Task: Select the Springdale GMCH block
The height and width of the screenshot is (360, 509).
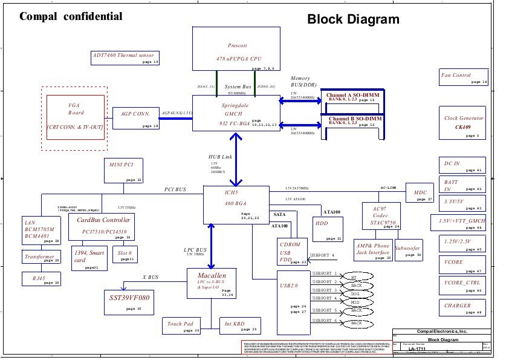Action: (x=237, y=113)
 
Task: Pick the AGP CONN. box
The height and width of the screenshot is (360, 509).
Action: (x=136, y=117)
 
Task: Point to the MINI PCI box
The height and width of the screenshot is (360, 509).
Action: (x=124, y=171)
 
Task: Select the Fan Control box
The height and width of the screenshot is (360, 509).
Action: (x=463, y=77)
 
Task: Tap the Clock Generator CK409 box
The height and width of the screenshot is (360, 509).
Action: (x=463, y=123)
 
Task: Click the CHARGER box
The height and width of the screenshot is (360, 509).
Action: (x=463, y=309)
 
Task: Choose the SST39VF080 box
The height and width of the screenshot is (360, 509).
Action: (x=129, y=301)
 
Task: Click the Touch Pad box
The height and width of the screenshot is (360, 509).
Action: (x=182, y=326)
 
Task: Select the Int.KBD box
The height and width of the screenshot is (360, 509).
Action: (x=239, y=326)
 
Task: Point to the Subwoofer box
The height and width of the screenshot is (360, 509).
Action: (x=409, y=249)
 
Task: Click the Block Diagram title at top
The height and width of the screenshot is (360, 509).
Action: (x=353, y=19)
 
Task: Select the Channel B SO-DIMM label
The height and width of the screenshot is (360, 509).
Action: (x=355, y=120)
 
